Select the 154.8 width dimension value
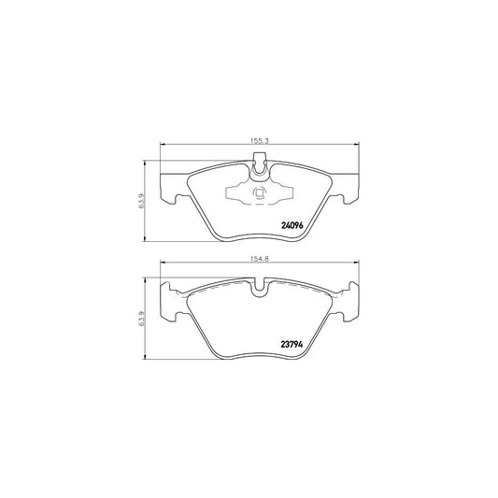(x=259, y=263)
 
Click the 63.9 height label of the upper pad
(x=141, y=200)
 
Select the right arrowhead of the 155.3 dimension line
(x=356, y=146)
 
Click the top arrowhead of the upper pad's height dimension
(x=148, y=161)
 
